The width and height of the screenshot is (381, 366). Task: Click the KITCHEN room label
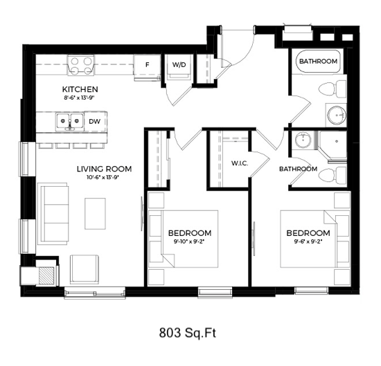point(80,89)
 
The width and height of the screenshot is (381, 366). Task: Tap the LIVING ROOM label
point(104,169)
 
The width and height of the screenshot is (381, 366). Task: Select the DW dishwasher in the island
point(95,121)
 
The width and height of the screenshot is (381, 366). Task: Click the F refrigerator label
point(148,65)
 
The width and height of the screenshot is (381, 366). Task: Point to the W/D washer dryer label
point(179,65)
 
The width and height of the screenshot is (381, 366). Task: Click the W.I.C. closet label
point(240,163)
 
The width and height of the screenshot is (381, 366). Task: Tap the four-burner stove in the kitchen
point(81,64)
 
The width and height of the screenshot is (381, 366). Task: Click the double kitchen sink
point(70,121)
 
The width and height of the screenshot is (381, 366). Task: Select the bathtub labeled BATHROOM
point(318,62)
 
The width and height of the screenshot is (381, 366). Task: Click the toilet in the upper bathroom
point(332,89)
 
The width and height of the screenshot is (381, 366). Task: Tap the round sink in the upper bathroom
point(337,115)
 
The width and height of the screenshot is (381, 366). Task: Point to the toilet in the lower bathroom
point(332,176)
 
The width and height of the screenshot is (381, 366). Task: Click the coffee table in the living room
point(95,214)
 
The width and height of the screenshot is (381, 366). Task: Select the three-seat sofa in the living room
point(53,214)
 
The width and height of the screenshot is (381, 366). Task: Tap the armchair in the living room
point(85,269)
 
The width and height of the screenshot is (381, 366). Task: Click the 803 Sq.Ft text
point(188,333)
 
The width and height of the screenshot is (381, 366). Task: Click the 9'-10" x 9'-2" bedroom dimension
point(189,241)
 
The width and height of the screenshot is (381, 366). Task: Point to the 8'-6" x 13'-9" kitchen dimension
point(79,98)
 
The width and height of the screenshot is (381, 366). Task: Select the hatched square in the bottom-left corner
point(46,275)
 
